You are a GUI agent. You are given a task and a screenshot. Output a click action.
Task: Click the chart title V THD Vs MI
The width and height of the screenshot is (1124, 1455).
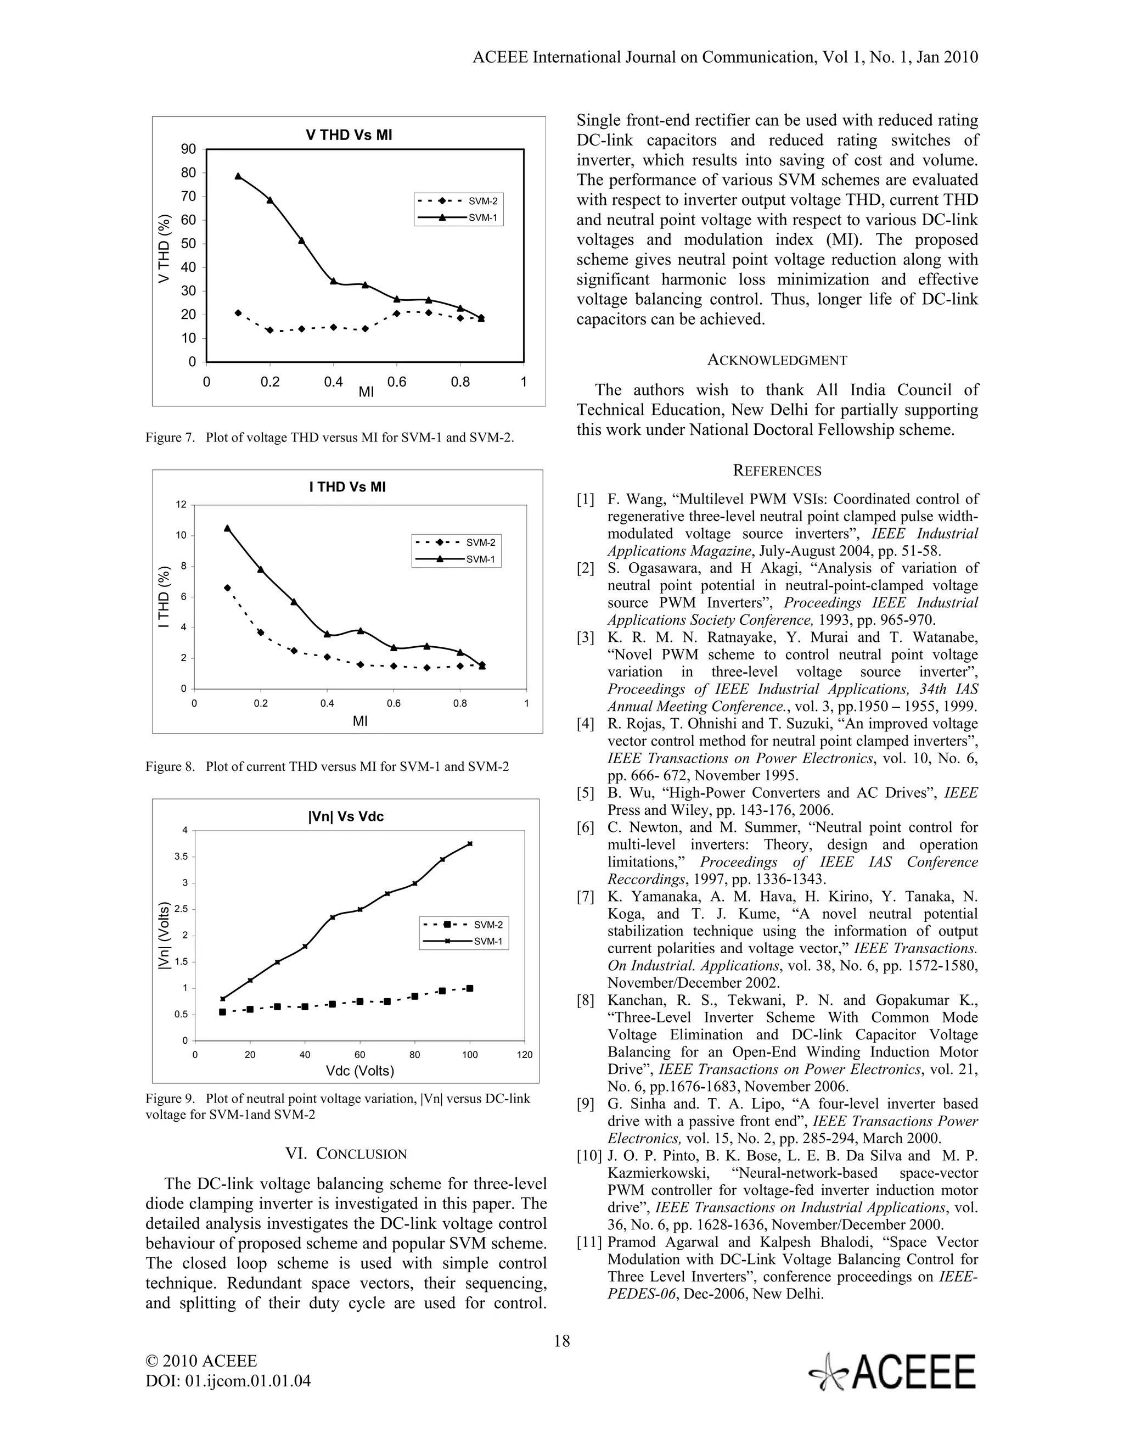pyautogui.click(x=349, y=135)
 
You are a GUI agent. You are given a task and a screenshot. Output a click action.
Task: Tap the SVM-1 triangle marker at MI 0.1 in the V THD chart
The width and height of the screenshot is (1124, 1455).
pyautogui.click(x=238, y=176)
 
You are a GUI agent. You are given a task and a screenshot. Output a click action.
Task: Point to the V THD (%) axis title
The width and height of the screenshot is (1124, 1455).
pyautogui.click(x=165, y=249)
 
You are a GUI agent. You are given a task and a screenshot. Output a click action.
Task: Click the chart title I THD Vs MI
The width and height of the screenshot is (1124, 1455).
pyautogui.click(x=347, y=487)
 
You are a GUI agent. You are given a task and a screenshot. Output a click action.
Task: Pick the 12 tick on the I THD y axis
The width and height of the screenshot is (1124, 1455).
pyautogui.click(x=181, y=505)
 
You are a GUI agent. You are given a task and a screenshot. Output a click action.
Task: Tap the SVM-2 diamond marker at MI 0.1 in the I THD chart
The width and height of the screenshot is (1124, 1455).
pyautogui.click(x=227, y=587)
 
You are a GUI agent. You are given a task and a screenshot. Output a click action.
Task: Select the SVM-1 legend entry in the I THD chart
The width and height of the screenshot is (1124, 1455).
pyautogui.click(x=456, y=559)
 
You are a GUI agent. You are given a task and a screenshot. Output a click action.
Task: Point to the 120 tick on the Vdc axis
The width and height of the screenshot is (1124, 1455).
pyautogui.click(x=525, y=1055)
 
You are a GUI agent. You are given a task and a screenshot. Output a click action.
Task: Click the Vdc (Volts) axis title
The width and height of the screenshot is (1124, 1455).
pyautogui.click(x=359, y=1071)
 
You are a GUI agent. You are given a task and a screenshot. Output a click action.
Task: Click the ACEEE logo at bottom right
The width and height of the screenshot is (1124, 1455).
pyautogui.click(x=892, y=1372)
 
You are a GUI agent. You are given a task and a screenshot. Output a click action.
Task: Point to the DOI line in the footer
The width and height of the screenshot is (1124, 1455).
pyautogui.click(x=228, y=1381)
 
